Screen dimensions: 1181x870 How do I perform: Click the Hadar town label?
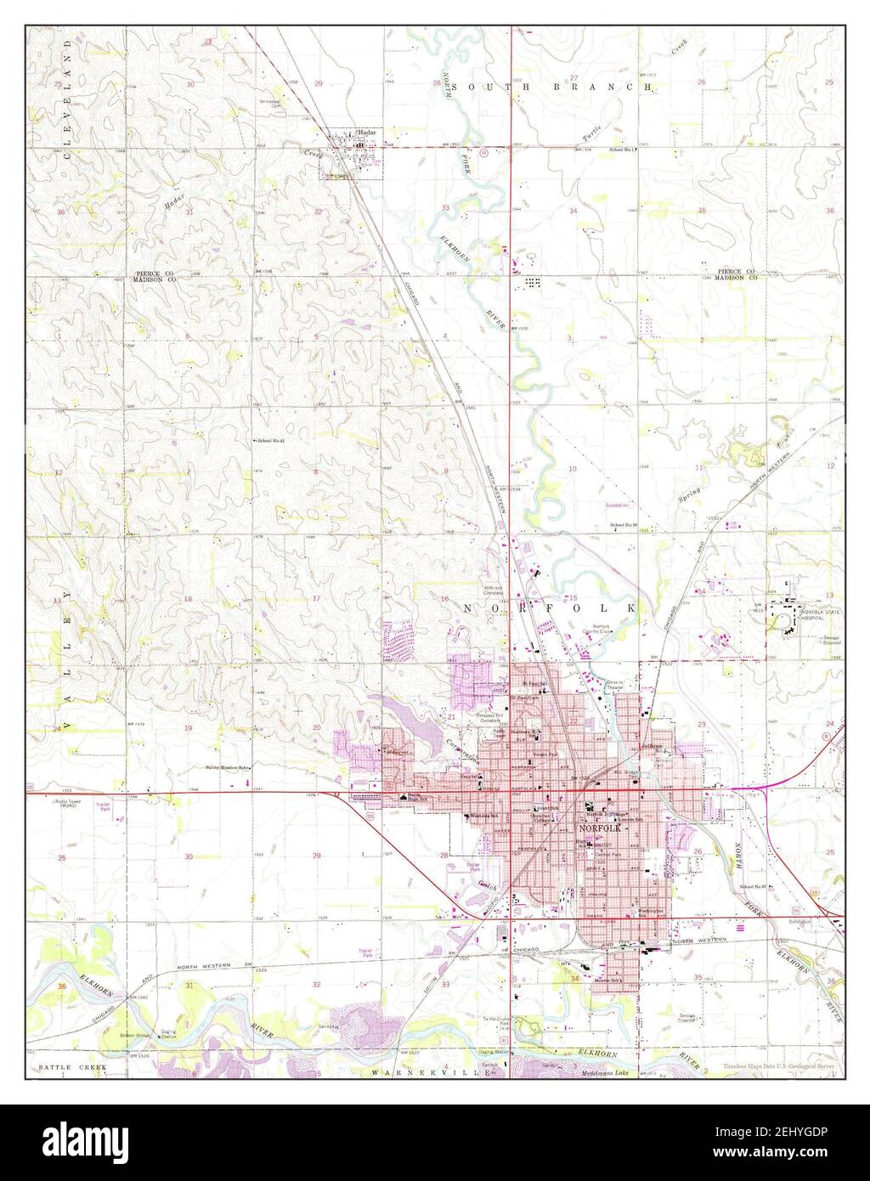point(367,132)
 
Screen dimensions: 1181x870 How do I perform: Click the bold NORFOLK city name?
point(601,827)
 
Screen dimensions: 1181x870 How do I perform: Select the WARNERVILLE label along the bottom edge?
point(431,1074)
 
